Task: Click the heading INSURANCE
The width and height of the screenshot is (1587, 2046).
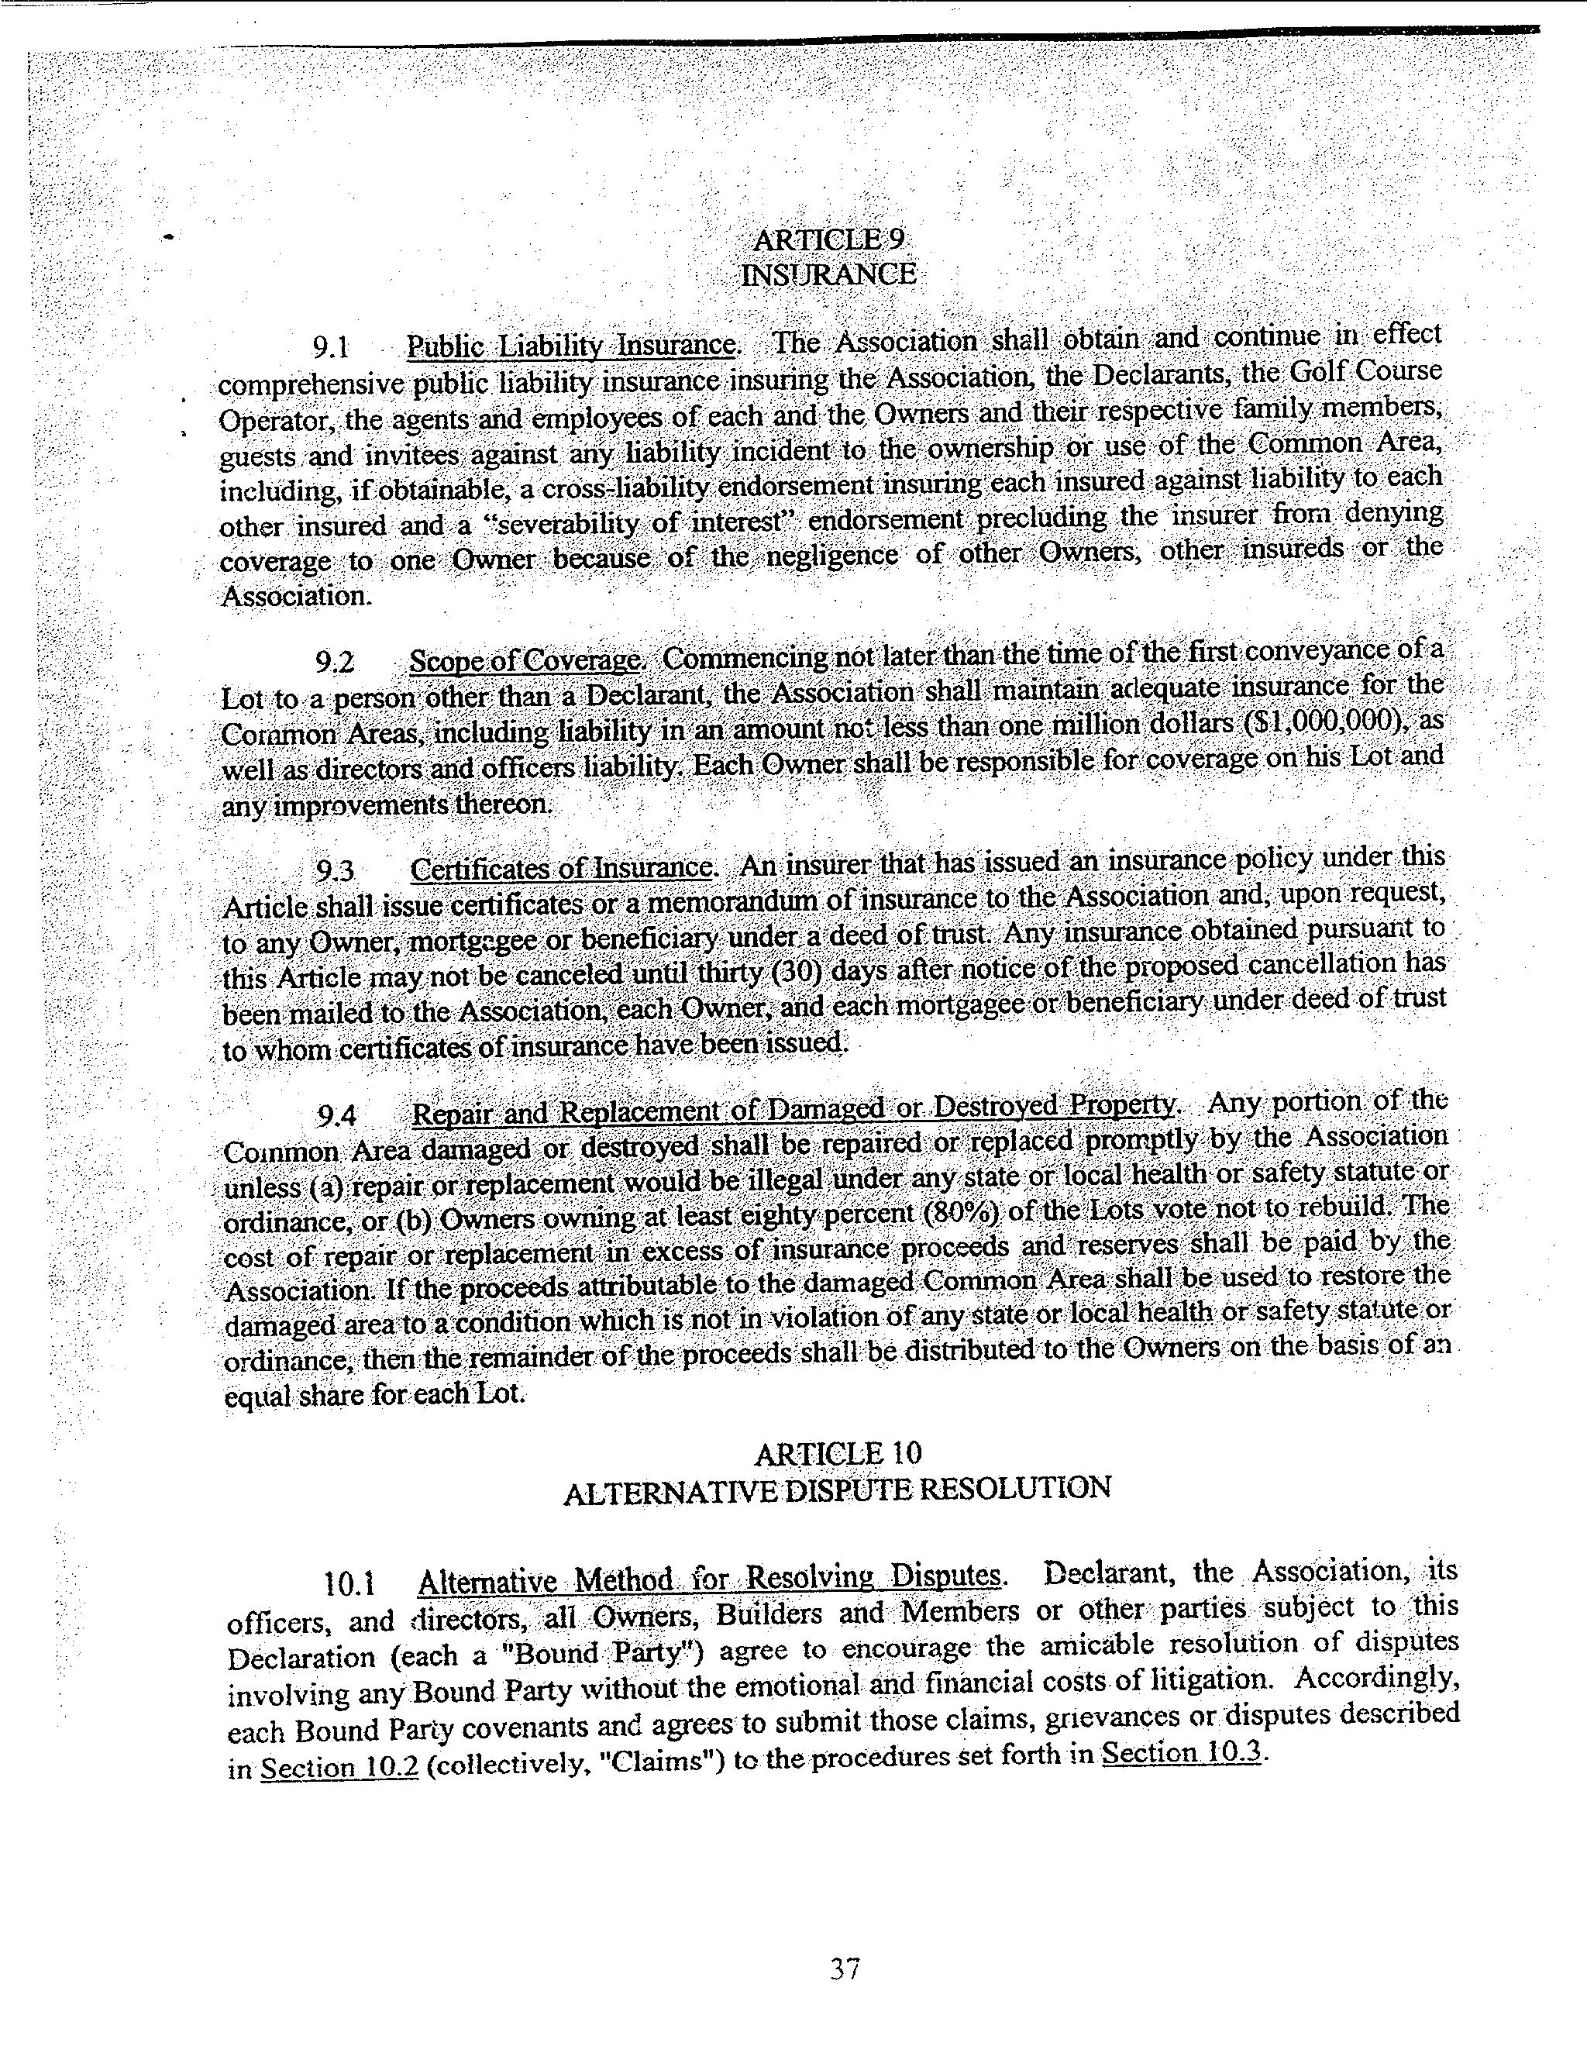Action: point(828,274)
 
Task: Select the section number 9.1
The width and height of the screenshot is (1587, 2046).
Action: point(332,349)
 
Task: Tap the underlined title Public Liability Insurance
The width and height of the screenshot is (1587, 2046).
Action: point(570,346)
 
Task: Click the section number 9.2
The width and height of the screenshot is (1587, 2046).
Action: point(336,663)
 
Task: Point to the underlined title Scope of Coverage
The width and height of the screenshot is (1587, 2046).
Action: point(525,660)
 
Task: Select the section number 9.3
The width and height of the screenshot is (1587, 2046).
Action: point(336,872)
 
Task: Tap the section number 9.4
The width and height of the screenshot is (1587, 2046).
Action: point(337,1116)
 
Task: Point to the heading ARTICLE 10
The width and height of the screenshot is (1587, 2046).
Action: point(838,1453)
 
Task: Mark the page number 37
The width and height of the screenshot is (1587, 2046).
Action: point(844,1968)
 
